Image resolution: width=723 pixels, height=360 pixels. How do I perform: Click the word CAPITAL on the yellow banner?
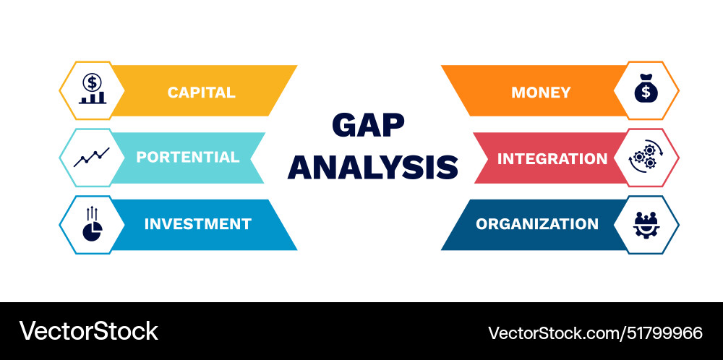[201, 93]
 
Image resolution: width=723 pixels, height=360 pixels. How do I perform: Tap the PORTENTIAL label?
[188, 157]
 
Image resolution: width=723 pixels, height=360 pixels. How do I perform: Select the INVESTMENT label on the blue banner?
[197, 224]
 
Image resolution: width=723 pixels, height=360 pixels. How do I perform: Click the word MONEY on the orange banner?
[541, 93]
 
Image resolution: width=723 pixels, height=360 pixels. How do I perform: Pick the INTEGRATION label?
[552, 158]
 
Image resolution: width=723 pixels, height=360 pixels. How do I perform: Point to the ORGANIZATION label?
[537, 224]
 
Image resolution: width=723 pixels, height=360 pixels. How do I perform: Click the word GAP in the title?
[368, 125]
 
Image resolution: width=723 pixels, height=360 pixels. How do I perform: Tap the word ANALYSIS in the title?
[373, 167]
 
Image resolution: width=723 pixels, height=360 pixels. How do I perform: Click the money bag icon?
[646, 90]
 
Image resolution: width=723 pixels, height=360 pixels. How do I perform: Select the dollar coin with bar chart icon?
[92, 90]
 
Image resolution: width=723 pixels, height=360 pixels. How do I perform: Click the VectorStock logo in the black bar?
[88, 331]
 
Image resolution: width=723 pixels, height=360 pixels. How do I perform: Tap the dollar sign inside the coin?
[92, 82]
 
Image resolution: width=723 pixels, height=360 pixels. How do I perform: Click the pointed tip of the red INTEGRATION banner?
[474, 158]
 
